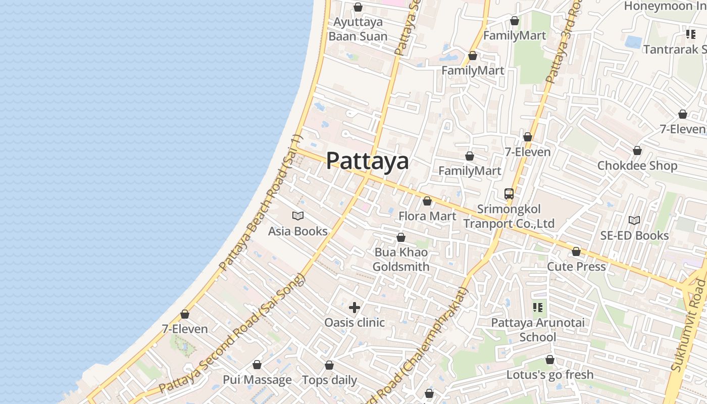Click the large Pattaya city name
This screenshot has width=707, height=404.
point(367,161)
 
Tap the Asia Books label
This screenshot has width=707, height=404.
point(297,231)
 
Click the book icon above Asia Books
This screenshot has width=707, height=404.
point(298,216)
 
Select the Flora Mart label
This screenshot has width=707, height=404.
point(427,216)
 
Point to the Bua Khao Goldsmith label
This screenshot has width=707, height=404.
point(401,260)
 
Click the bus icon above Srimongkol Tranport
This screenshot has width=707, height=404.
point(509,193)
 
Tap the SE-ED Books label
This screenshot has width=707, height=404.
point(634,235)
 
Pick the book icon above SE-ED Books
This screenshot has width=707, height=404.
point(634,220)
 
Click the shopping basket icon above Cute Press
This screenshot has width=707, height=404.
point(576,251)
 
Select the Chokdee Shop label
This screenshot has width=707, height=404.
point(637,166)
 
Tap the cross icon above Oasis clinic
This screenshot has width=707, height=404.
point(355,307)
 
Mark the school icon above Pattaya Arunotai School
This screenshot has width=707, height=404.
point(538,307)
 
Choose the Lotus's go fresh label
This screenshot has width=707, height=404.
point(550,375)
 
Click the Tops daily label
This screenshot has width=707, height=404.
point(329,380)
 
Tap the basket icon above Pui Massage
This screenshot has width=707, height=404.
point(257,365)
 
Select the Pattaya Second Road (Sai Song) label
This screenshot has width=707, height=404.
point(232,334)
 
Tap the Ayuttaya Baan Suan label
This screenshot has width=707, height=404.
point(358,29)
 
